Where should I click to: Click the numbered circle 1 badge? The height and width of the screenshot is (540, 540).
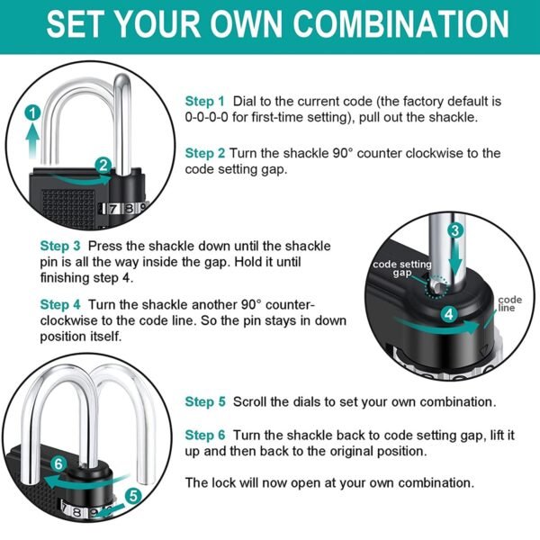tap(32, 113)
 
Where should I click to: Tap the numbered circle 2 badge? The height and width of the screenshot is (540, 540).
tap(103, 165)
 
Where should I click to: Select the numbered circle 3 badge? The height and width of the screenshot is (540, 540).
tap(456, 231)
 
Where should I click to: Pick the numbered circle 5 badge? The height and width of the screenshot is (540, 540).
tap(133, 494)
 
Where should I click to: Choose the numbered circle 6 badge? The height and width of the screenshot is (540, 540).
tap(59, 464)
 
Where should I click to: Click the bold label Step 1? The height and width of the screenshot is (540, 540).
tap(205, 102)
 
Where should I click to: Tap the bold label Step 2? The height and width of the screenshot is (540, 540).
tap(205, 153)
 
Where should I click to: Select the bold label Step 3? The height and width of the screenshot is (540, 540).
tap(60, 246)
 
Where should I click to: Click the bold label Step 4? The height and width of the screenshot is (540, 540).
tap(60, 305)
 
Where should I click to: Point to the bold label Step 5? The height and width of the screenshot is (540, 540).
tap(205, 401)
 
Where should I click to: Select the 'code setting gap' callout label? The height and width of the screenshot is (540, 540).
tap(401, 267)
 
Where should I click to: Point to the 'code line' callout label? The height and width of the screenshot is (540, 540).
tap(509, 303)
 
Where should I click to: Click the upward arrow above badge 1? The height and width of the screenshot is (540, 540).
tap(32, 139)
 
